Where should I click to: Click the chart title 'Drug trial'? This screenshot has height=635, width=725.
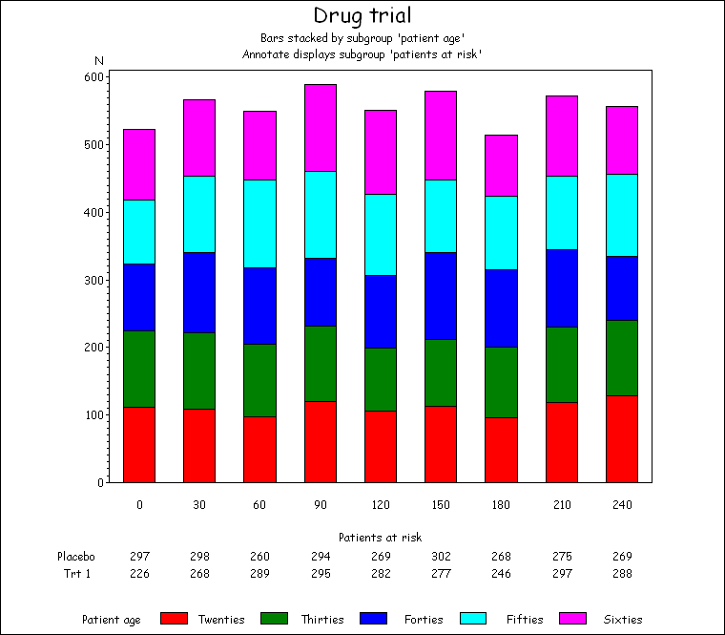[x=362, y=15]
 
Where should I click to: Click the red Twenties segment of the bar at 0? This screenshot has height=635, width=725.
[x=139, y=444]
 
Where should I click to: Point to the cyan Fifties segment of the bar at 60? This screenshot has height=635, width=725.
[x=259, y=223]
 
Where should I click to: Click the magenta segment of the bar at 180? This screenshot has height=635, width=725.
[x=501, y=165]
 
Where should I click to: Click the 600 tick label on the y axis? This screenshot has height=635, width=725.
[x=93, y=77]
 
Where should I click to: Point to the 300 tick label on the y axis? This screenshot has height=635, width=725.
[x=93, y=281]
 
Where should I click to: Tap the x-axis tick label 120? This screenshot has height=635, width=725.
[x=380, y=504]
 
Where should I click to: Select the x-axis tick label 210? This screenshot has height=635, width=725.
[x=561, y=504]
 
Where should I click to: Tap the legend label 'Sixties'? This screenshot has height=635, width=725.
[x=623, y=620]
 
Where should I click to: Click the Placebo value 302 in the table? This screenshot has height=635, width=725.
[x=441, y=557]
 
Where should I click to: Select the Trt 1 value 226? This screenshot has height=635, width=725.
[x=139, y=574]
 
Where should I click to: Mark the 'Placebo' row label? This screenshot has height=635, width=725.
[x=75, y=557]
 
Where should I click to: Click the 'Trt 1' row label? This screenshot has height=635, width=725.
[x=75, y=574]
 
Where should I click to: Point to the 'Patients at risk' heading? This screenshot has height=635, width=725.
[x=380, y=538]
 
